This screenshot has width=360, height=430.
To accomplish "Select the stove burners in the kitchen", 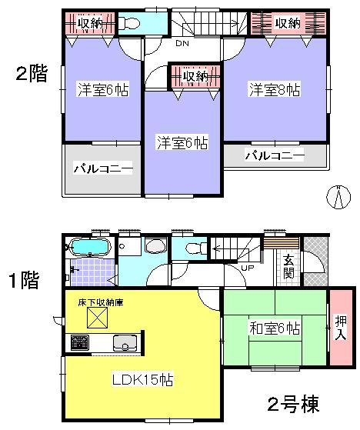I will [x=79, y=343].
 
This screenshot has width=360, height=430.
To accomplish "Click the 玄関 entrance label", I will [x=288, y=265].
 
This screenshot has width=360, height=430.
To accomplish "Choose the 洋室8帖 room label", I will [x=273, y=90].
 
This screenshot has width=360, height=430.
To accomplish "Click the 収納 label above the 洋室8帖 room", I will [x=287, y=23].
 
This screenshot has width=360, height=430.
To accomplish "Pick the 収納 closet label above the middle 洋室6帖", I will [x=195, y=76].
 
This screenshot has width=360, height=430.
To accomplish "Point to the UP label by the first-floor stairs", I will [x=248, y=268].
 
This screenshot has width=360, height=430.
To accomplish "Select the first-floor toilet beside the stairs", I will [x=192, y=247].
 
